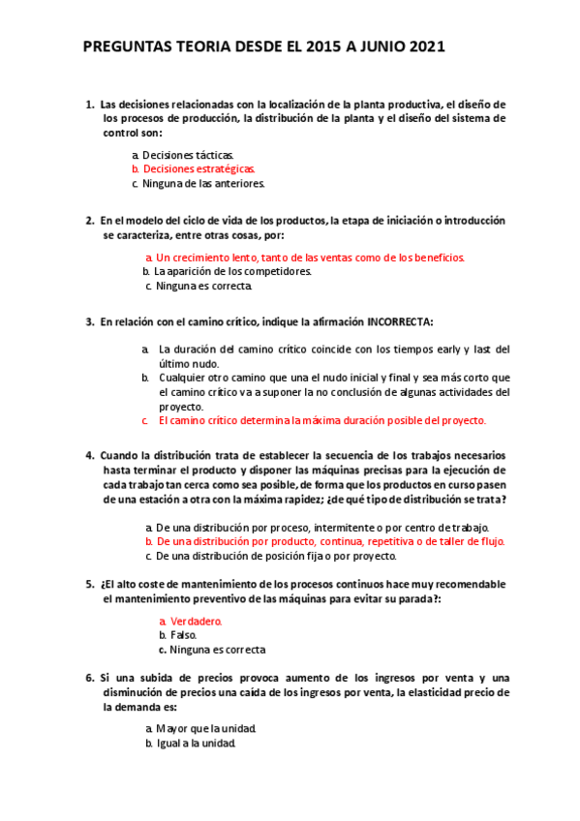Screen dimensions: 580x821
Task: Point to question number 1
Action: [89, 105]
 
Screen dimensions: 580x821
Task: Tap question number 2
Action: [89, 221]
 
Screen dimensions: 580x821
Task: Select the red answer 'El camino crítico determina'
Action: [321, 421]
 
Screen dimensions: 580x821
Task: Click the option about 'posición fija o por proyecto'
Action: [277, 557]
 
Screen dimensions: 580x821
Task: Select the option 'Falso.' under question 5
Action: [183, 635]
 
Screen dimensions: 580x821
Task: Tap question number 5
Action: [89, 586]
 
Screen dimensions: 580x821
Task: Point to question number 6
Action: [89, 678]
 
